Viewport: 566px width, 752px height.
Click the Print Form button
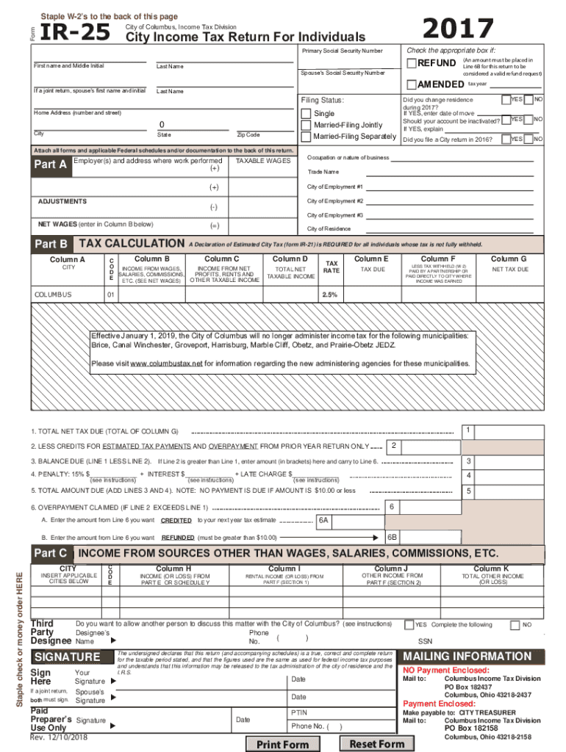[x=282, y=744]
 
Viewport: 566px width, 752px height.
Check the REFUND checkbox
[x=412, y=64]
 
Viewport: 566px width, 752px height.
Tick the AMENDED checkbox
[x=412, y=84]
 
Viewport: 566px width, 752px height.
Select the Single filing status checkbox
[x=307, y=114]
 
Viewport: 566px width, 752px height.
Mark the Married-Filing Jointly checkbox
[x=307, y=126]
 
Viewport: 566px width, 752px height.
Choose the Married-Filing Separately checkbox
[x=307, y=137]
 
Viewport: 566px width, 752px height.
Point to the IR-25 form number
[x=74, y=32]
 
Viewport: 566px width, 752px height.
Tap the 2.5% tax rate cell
[x=329, y=294]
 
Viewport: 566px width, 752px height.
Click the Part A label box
[x=50, y=164]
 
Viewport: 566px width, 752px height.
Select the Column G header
[x=509, y=258]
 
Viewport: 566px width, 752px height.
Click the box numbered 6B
[x=393, y=537]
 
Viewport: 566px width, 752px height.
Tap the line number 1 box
[x=468, y=430]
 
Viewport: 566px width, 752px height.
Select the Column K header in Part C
[x=491, y=568]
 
